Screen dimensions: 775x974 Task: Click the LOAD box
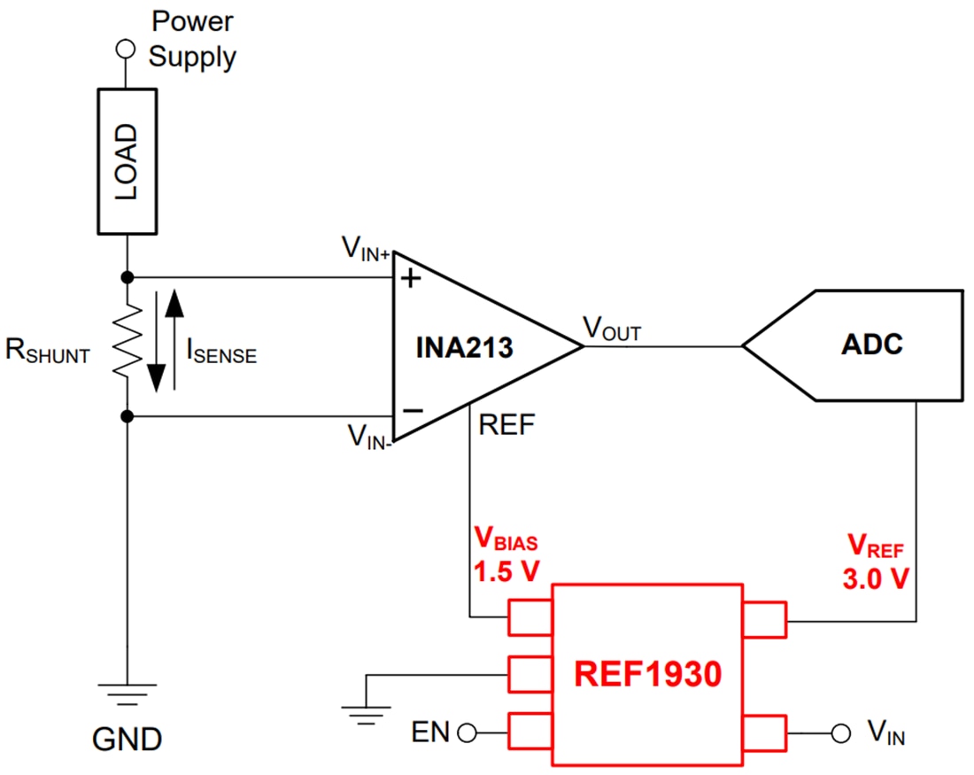128,161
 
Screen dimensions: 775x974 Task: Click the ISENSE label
220,352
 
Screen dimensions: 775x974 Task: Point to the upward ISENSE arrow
175,341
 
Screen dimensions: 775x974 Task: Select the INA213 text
464,347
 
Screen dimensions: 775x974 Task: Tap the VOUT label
612,329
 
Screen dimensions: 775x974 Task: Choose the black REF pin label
506,426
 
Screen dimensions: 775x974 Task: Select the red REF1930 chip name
648,675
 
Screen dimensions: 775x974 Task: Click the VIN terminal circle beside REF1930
838,732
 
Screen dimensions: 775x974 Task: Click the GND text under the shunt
128,738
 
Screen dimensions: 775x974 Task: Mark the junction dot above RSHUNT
128,277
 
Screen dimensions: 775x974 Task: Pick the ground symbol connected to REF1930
365,707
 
